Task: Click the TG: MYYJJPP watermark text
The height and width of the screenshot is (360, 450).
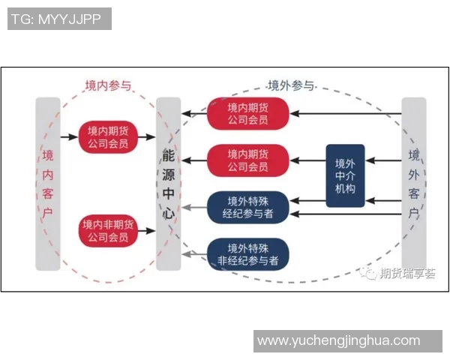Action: (x=59, y=19)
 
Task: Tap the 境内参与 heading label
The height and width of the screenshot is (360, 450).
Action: (x=107, y=85)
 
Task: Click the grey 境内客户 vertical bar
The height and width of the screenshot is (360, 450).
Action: (x=48, y=183)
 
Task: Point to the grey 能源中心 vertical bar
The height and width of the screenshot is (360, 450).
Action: (x=169, y=183)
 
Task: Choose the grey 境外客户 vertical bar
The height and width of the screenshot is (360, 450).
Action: (x=413, y=183)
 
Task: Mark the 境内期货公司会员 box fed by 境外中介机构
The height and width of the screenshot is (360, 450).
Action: (x=247, y=160)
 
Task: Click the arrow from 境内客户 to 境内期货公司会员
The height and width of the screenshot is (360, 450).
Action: (x=70, y=136)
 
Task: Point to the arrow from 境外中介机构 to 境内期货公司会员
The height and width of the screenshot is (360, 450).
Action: (x=307, y=160)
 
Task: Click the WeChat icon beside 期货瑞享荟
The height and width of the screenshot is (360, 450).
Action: (x=370, y=274)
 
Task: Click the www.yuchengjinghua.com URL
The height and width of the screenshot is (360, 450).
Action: (x=338, y=340)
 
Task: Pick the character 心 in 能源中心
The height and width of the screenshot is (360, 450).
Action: (x=169, y=212)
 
